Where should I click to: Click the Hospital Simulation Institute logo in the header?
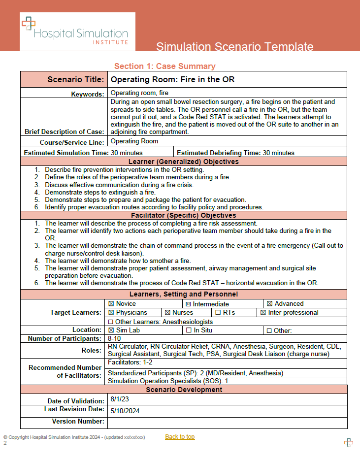click(74, 32)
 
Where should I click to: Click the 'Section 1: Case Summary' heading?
click(164, 66)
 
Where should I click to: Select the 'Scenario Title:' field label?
click(75, 80)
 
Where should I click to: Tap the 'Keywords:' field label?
click(88, 94)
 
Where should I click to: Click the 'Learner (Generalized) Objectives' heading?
click(183, 162)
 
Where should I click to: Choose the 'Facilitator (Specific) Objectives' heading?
click(183, 215)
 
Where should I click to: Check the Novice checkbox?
click(111, 304)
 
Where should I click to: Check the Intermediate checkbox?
click(188, 304)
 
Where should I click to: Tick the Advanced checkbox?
click(269, 304)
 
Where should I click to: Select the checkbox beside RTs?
click(218, 313)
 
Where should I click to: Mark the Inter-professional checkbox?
click(263, 313)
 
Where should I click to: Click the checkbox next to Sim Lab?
click(111, 330)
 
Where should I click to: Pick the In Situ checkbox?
click(189, 330)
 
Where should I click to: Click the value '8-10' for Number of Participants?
click(115, 339)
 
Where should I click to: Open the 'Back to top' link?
click(180, 437)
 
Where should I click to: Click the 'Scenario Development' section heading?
click(183, 390)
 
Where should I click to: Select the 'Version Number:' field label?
click(78, 422)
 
